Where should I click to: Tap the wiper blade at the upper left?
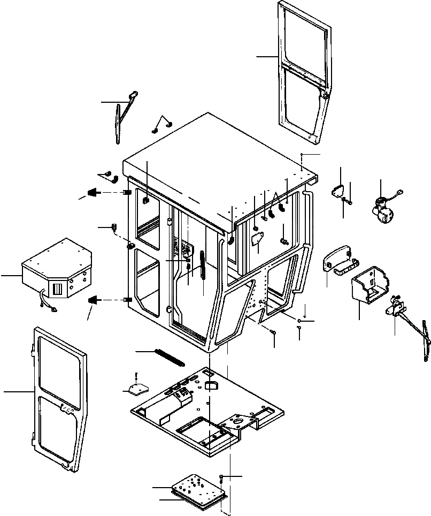pyautogui.click(x=118, y=123)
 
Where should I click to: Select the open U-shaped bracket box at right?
pyautogui.click(x=368, y=289)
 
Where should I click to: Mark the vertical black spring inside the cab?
pyautogui.click(x=203, y=265)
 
